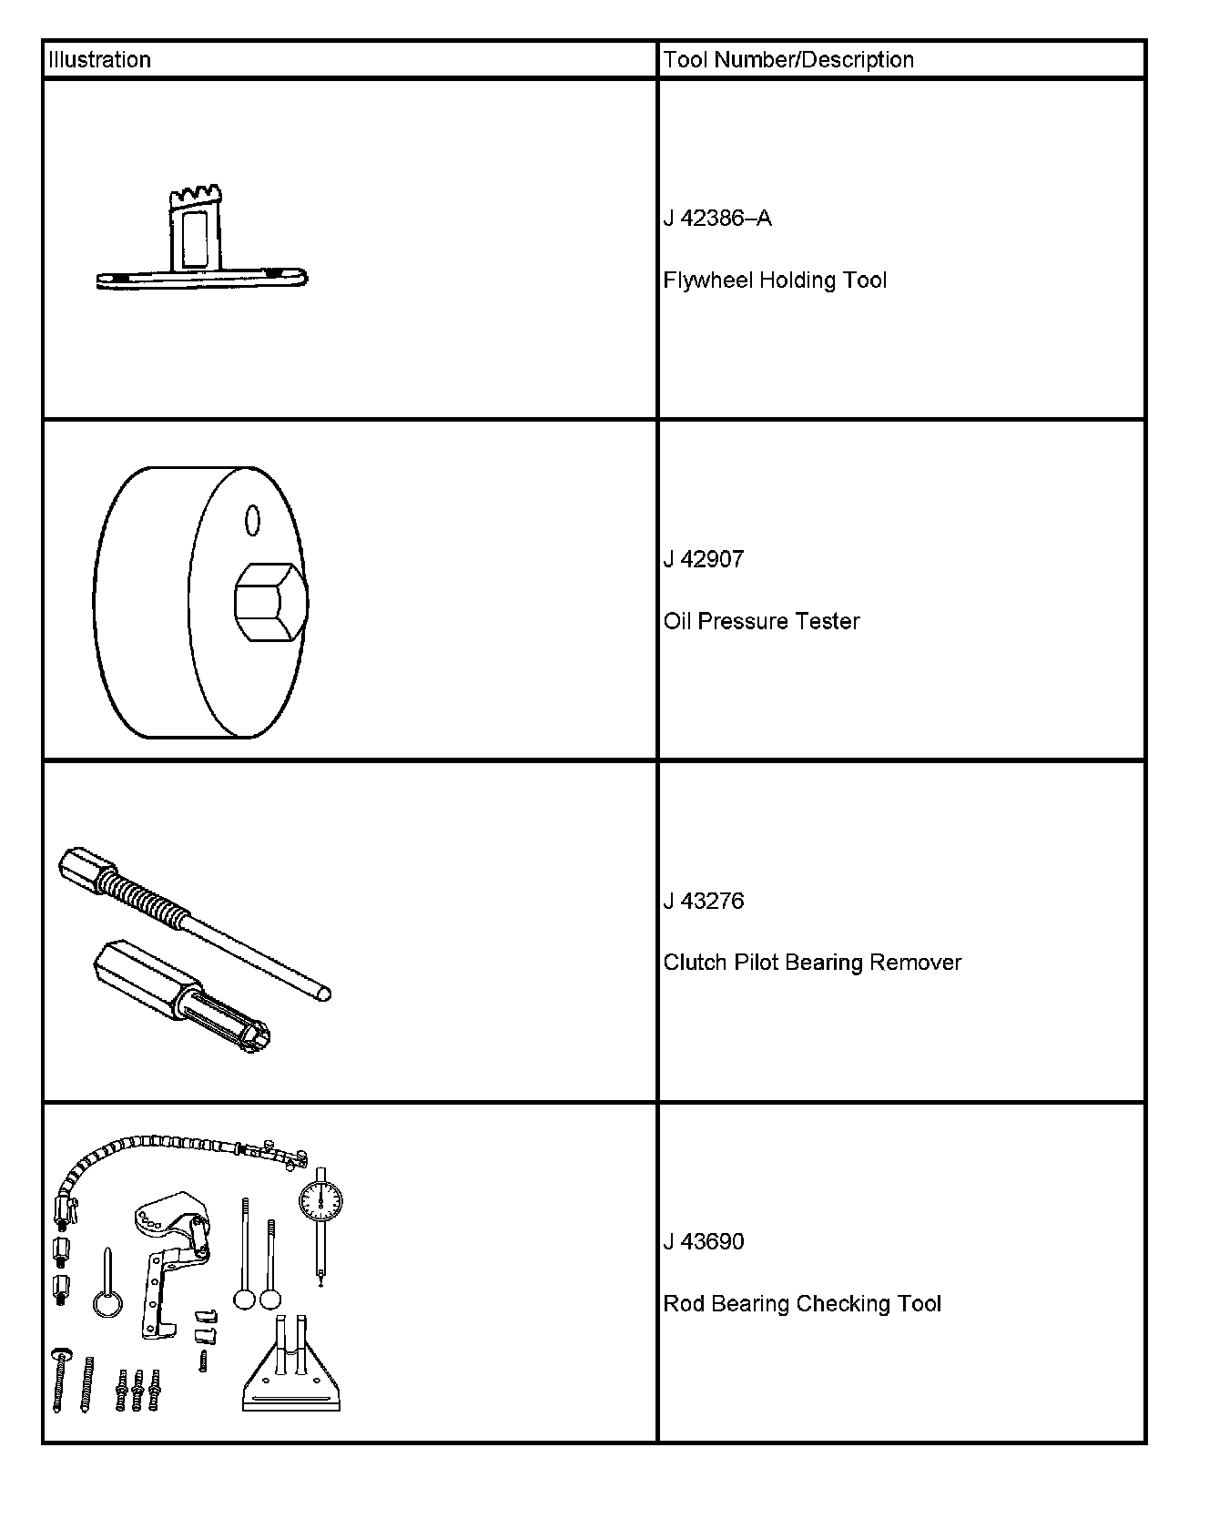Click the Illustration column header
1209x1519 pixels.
point(99,60)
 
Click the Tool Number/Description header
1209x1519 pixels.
point(788,60)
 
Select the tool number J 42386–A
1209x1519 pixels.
point(717,219)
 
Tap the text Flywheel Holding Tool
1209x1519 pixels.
point(775,280)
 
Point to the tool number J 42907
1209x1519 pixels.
point(704,559)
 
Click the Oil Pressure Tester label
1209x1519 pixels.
point(761,621)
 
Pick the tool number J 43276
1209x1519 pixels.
point(704,901)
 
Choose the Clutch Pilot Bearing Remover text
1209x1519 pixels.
point(812,963)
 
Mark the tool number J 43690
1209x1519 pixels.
point(704,1241)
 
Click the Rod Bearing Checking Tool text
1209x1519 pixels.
point(802,1303)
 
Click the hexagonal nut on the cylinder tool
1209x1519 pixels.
point(269,603)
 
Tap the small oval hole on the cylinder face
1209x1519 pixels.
point(253,520)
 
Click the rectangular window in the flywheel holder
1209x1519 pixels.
point(194,239)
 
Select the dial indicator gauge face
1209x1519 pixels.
point(320,1203)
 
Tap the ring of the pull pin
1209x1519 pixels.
point(107,1304)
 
